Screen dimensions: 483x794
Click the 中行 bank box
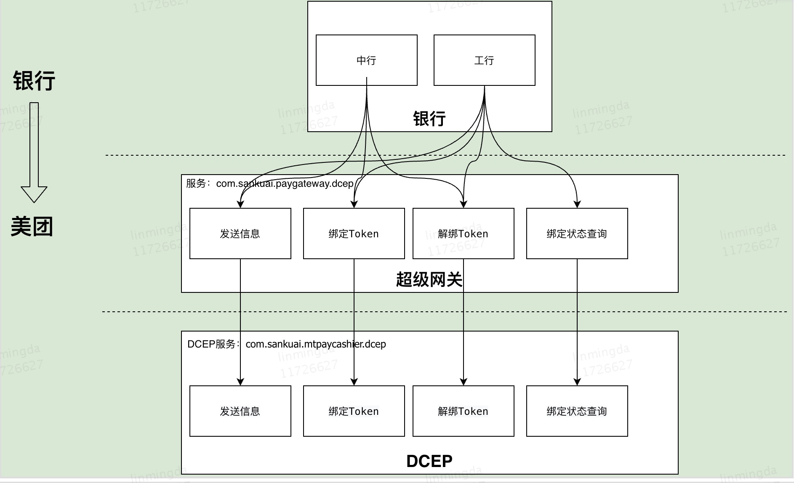tap(366, 60)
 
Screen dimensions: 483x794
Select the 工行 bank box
tap(484, 60)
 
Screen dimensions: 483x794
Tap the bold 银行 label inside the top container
tap(429, 119)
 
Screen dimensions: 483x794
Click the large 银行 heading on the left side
tap(34, 80)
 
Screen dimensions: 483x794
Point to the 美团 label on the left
tap(32, 226)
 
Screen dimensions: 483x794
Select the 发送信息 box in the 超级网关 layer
tap(240, 234)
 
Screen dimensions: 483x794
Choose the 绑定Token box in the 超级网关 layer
tap(354, 234)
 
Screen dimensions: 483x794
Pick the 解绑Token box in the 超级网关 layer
tap(463, 234)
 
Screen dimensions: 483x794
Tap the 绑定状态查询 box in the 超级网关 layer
tap(577, 234)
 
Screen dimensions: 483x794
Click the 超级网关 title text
tap(429, 279)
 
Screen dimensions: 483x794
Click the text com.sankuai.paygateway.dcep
tap(285, 183)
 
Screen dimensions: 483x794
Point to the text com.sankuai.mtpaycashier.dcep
tap(315, 344)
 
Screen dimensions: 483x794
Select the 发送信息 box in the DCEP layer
tap(240, 411)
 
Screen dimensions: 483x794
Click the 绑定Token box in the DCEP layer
tap(354, 411)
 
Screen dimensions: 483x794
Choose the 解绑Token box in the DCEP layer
tap(463, 411)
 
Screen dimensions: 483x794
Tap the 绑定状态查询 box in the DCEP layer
tap(577, 411)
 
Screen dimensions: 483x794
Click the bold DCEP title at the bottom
tap(429, 461)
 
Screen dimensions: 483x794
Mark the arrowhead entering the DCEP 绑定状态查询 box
tap(577, 382)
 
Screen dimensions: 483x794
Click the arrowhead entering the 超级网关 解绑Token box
tap(464, 204)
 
